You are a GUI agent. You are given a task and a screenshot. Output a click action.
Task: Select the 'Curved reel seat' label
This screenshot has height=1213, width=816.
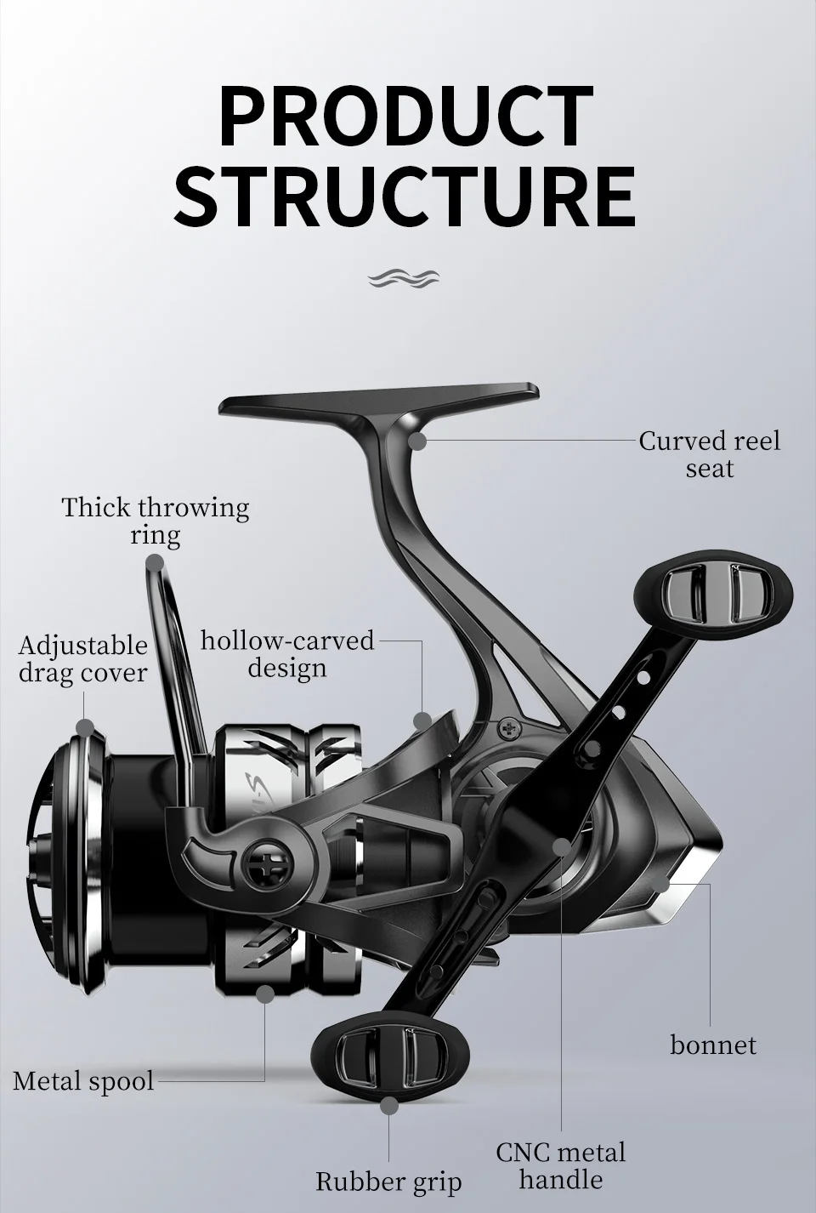(x=709, y=454)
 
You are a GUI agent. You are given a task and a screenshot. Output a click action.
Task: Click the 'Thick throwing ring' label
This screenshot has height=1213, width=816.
(x=156, y=521)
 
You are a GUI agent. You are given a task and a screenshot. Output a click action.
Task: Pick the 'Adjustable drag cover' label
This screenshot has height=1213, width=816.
(x=82, y=659)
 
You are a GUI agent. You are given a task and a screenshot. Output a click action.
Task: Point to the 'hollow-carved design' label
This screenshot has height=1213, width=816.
(x=287, y=653)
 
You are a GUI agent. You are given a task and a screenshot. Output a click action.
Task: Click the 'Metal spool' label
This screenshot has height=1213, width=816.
(x=83, y=1081)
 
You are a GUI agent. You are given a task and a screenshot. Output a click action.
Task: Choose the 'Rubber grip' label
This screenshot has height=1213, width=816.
(x=388, y=1181)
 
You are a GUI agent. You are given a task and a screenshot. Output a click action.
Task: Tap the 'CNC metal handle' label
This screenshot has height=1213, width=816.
(x=561, y=1165)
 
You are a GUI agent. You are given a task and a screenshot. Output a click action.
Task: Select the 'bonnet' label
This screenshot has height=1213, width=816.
(x=712, y=1045)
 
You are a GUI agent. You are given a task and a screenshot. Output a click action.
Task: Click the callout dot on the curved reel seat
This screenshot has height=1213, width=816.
(x=416, y=441)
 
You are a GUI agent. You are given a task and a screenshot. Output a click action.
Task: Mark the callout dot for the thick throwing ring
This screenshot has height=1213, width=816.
(x=154, y=562)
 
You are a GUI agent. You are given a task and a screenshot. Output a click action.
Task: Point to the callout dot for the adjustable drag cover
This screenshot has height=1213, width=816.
(x=84, y=727)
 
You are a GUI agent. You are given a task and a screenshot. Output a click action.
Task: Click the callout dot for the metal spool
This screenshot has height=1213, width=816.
(x=264, y=993)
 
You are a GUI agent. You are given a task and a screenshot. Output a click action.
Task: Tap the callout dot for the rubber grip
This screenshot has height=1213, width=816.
(x=389, y=1106)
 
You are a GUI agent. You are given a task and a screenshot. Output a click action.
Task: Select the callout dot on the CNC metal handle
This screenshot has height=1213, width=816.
(x=562, y=846)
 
